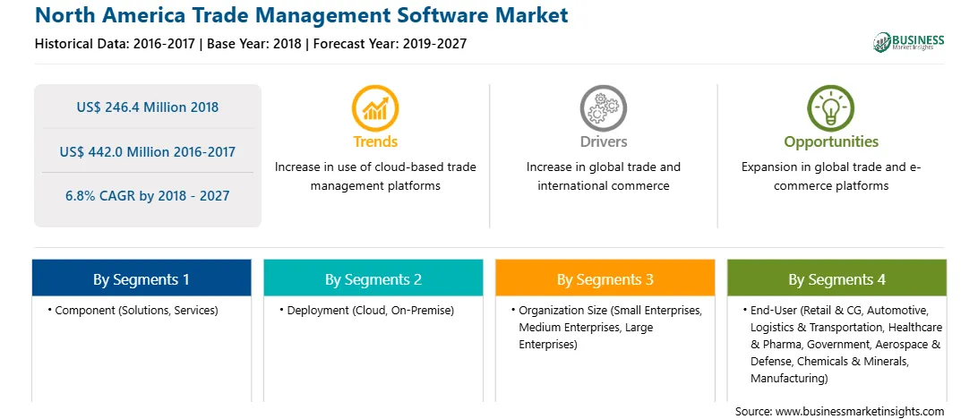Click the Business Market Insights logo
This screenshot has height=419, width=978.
[x=909, y=42]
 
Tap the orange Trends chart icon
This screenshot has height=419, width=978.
[x=375, y=108]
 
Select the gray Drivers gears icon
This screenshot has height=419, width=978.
[x=603, y=108]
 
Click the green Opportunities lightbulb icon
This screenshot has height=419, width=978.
[x=831, y=108]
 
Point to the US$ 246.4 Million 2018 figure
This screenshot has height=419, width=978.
[x=148, y=107]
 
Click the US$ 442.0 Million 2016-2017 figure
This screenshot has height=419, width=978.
[x=148, y=151]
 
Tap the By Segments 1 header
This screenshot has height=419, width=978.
[x=142, y=278]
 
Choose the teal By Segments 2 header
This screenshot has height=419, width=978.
[x=373, y=278]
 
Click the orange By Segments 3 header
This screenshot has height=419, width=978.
[x=605, y=278]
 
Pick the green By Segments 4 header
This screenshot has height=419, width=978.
[x=837, y=278]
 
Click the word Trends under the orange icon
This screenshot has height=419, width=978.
[x=375, y=141]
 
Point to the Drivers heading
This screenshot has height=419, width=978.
[x=603, y=141]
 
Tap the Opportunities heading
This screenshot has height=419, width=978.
[x=831, y=141]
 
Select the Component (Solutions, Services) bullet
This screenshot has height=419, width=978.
[x=133, y=310]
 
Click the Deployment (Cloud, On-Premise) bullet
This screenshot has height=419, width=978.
[x=367, y=310]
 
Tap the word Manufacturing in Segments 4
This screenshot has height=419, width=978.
[x=789, y=378]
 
